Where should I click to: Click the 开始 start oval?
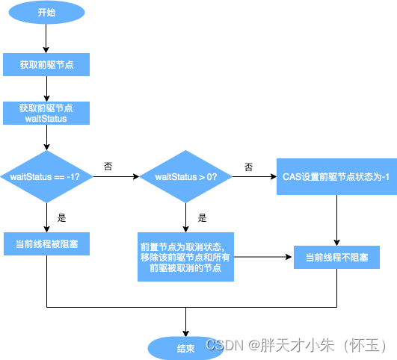pos(46,12)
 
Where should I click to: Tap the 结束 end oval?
pos(185,347)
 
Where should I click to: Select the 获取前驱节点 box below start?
pos(46,65)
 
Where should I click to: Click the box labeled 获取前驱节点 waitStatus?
pos(46,113)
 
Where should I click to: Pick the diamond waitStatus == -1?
pos(46,177)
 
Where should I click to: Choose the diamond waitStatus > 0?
pos(185,177)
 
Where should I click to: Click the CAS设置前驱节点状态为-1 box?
pos(336,177)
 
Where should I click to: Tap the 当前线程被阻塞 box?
pos(46,243)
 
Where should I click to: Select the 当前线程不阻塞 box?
pos(336,258)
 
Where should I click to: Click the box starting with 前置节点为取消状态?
pos(185,256)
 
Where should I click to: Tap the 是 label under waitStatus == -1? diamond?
pos(62,218)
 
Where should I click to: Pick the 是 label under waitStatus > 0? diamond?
pos(202,218)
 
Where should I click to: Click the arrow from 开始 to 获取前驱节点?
pos(46,37)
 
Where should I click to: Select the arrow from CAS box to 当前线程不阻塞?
pos(336,220)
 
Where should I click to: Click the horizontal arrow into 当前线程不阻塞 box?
pos(262,257)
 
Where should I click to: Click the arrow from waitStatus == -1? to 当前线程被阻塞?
pos(46,217)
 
